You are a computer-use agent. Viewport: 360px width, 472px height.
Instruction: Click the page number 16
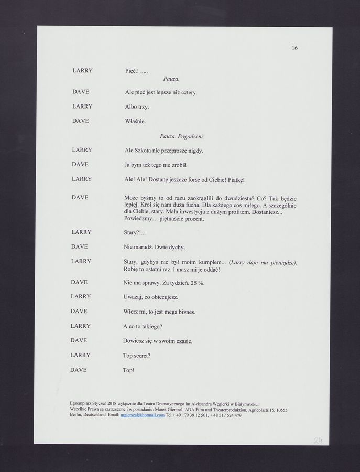294,48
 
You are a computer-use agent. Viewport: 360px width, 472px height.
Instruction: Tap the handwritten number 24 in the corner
318,440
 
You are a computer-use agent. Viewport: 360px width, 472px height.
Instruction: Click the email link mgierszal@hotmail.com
143,415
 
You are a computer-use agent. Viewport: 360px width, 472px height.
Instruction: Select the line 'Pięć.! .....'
136,70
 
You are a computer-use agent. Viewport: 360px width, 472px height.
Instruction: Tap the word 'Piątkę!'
233,180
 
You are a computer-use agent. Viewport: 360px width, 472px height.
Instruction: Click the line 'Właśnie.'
135,122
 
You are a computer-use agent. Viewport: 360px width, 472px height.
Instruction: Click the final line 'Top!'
128,370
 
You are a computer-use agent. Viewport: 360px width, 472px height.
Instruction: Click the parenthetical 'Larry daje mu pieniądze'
263,262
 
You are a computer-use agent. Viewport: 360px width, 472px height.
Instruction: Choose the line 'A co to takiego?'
143,326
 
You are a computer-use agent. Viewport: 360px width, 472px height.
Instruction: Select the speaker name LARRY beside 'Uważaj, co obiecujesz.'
81,296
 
